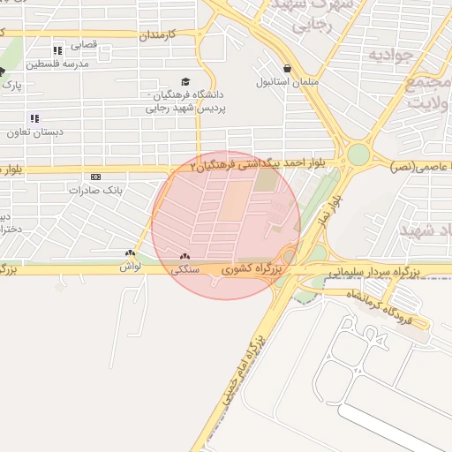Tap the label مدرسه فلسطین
pos(58,64)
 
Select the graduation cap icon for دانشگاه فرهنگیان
pos(185,81)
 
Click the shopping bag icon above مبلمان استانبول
pos(287,68)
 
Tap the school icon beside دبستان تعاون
pos(34,118)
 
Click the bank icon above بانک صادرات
pos(95,176)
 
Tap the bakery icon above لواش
pos(131,252)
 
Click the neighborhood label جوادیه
pos(391,57)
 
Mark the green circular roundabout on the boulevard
pos(358,154)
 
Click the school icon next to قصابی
pos(58,50)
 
